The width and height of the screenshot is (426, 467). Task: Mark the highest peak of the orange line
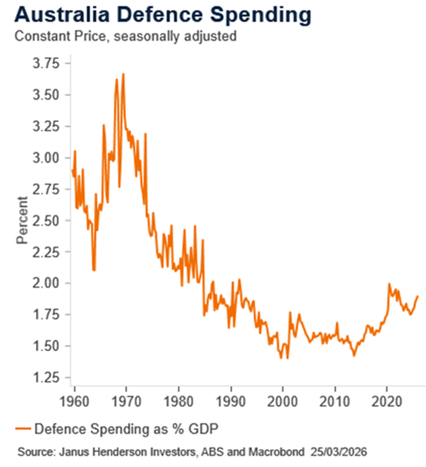[x=123, y=74]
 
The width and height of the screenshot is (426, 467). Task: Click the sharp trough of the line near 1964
[x=94, y=270]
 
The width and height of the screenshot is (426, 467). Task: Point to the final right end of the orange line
[x=417, y=296]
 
